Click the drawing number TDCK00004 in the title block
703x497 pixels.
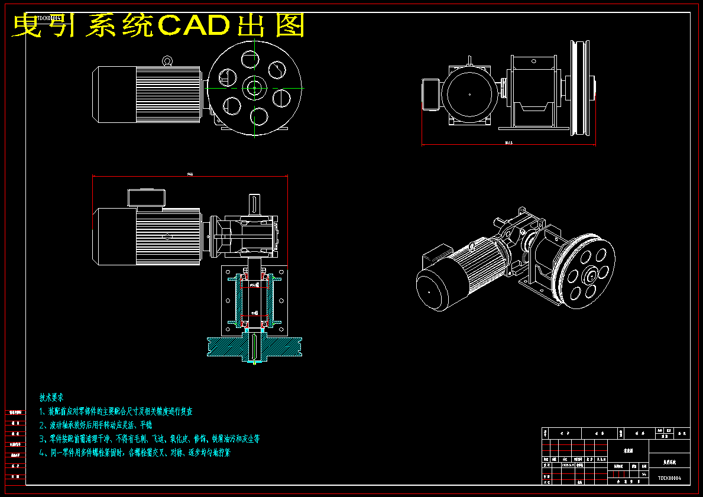[669, 477]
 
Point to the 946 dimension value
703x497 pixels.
[190, 174]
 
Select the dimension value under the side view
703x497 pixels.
[508, 143]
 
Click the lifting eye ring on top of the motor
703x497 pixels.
[168, 60]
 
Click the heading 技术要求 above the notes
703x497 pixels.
[51, 397]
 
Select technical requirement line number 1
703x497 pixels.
[115, 411]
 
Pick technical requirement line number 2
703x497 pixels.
[95, 425]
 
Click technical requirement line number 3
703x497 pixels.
[149, 439]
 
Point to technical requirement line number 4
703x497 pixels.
[134, 453]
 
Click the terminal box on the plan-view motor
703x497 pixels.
[145, 199]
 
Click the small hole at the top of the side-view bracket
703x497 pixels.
[533, 60]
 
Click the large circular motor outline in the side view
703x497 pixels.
[469, 95]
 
